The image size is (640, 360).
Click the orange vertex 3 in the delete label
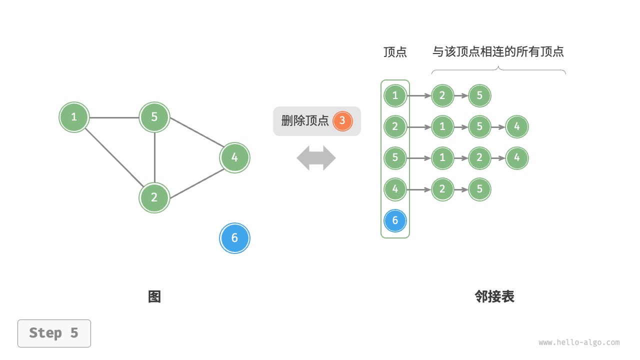(342, 121)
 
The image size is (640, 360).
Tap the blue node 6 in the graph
(234, 238)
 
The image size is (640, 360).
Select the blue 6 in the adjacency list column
(395, 220)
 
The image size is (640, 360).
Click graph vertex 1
(74, 117)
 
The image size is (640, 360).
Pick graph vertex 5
(154, 117)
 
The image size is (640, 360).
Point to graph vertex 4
(234, 157)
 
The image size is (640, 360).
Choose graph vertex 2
(154, 197)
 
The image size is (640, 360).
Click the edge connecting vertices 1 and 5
(114, 118)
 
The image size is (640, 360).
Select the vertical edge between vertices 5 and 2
(154, 157)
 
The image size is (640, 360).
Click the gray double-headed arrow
(316, 158)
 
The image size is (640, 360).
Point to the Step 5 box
(54, 333)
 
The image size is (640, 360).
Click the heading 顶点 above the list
(395, 52)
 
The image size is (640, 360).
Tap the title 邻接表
(494, 297)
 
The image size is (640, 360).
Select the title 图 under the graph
(154, 297)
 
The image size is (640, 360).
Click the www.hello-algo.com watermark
(579, 342)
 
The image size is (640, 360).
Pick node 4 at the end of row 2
(517, 126)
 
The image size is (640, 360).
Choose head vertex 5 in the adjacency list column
(395, 158)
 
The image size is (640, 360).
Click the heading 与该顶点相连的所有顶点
(498, 51)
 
